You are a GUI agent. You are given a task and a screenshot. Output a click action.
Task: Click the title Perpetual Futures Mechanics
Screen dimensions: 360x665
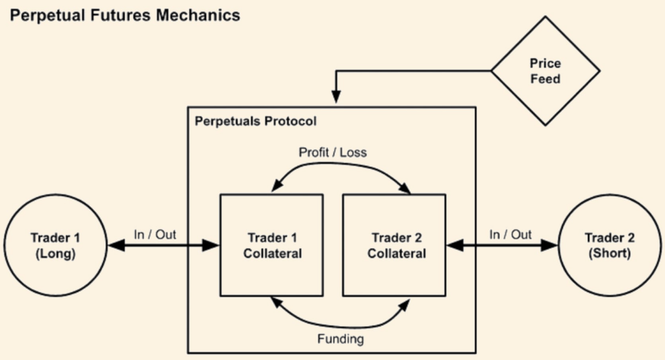point(125,14)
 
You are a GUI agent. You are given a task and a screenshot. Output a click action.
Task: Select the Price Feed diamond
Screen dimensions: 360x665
point(545,71)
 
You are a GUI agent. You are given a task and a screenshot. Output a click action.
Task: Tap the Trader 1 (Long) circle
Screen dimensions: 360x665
point(55,245)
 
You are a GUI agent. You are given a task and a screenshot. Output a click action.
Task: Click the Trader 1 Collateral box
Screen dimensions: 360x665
point(272,245)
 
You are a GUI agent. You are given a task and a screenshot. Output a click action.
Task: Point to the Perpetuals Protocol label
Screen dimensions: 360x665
point(256,122)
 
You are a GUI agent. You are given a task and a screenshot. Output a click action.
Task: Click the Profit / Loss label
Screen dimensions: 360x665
point(332,153)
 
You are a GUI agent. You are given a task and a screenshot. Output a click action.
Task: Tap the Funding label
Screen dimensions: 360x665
point(340,339)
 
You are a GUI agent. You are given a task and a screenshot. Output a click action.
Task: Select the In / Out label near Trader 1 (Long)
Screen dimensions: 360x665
point(155,235)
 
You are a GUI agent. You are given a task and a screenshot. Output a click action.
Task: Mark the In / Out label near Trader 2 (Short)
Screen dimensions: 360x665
point(510,235)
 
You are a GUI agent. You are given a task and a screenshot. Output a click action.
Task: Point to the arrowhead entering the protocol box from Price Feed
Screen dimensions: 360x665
point(336,98)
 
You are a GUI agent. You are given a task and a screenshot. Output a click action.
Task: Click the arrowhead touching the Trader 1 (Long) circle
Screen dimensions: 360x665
point(115,245)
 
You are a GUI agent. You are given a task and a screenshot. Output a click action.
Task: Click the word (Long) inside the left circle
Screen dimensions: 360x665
point(55,253)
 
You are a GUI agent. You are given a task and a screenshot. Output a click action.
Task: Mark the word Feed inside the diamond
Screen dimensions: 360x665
point(545,80)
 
